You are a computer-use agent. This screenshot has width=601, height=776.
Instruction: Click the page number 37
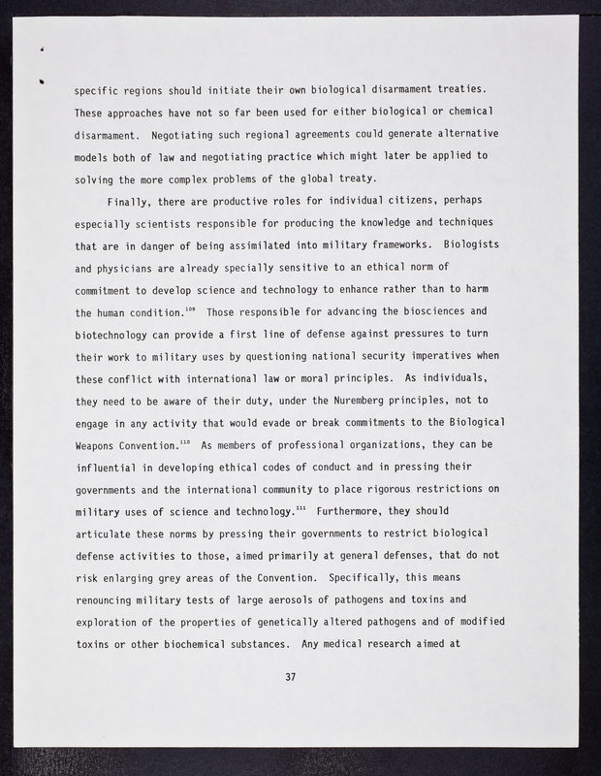(x=290, y=677)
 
